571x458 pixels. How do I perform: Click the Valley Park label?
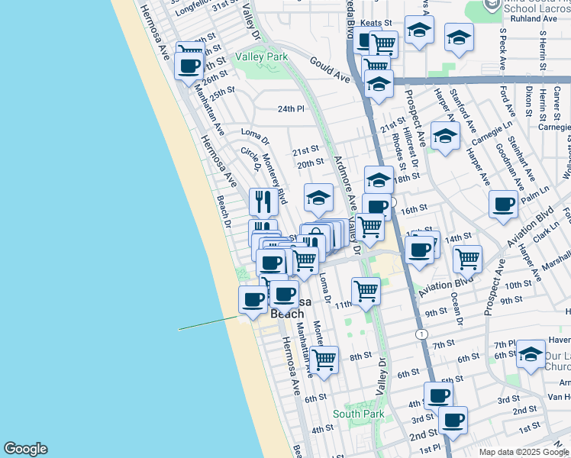pos(262,57)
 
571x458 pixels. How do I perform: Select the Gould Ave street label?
pos(330,69)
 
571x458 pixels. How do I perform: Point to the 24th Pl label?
pos(290,109)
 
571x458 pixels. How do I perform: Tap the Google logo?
pos(25,449)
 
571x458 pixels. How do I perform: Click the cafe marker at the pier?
pos(253,298)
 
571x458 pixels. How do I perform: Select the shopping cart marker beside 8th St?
pos(324,359)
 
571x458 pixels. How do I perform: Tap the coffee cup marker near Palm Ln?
pos(504,204)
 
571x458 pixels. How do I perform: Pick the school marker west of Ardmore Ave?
pos(318,198)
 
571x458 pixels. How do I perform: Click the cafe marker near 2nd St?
pos(453,419)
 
